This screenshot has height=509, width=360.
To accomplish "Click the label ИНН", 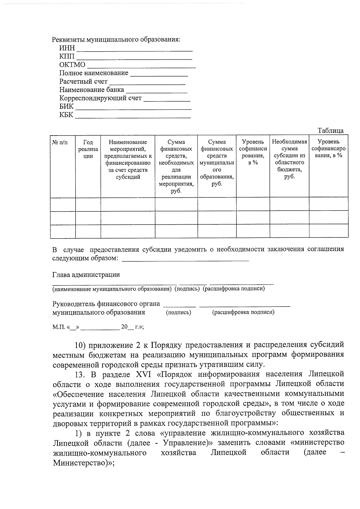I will (x=67, y=48).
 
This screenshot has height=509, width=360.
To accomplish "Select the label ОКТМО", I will (x=72, y=65).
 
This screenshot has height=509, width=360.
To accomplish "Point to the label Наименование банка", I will (x=91, y=90).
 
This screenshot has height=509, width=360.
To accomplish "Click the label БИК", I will (x=66, y=106).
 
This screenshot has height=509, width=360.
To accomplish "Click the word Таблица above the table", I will (x=331, y=130).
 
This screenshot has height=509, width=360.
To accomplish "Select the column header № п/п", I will (x=60, y=142).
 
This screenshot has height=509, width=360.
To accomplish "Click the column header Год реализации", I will (x=88, y=149).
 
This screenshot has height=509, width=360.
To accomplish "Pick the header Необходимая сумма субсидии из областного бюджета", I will (x=289, y=159).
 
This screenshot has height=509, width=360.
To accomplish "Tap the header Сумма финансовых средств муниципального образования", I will (x=217, y=163).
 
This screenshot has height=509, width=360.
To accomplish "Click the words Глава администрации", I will (x=86, y=274).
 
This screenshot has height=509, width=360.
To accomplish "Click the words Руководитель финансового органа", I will (x=106, y=304).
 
